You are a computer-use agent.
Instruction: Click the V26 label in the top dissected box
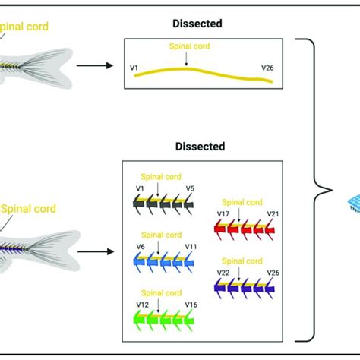point(267,68)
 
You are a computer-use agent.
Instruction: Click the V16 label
point(191,303)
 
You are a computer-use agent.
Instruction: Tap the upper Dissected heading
point(197,24)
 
